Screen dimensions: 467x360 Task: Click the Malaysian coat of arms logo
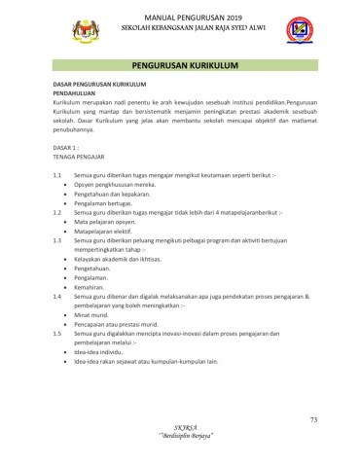click(87, 32)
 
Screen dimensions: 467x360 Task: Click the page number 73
click(314, 419)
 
